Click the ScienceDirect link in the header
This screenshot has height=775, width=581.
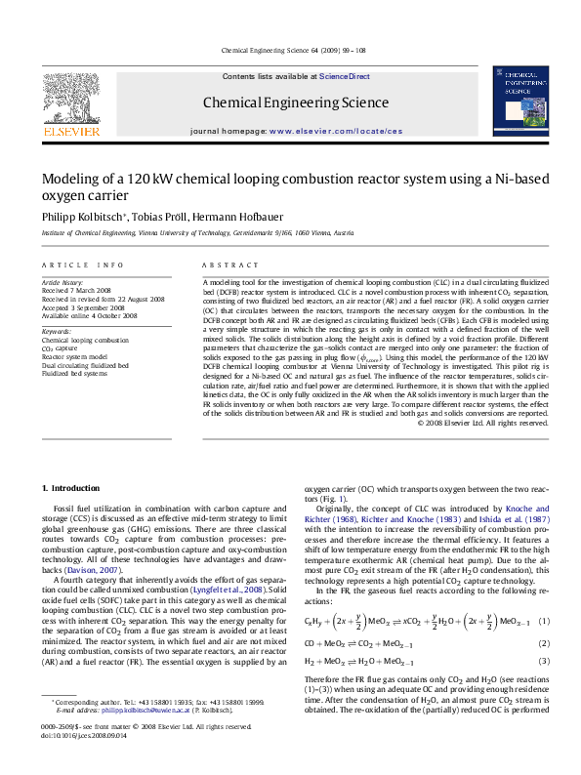pos(345,76)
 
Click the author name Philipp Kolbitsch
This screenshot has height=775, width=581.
pos(81,215)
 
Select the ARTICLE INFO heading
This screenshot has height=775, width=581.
pos(83,265)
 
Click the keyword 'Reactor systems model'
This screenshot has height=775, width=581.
pos(76,358)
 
